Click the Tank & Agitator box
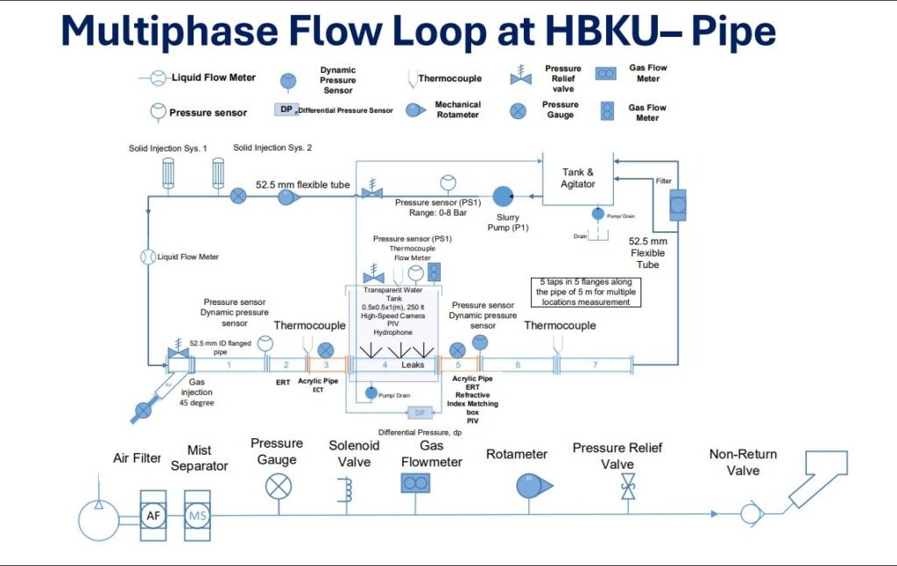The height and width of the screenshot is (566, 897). pyautogui.click(x=577, y=179)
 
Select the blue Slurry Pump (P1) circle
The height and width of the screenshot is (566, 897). pyautogui.click(x=502, y=195)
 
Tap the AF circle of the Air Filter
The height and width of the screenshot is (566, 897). pyautogui.click(x=153, y=515)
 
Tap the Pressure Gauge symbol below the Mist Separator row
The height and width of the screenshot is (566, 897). pyautogui.click(x=279, y=485)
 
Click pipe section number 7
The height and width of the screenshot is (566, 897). pyautogui.click(x=596, y=363)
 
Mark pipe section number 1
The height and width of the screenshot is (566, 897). pyautogui.click(x=229, y=363)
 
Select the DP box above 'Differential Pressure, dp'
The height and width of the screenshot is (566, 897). pyautogui.click(x=419, y=413)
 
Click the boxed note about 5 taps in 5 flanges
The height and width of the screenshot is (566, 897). pyautogui.click(x=586, y=291)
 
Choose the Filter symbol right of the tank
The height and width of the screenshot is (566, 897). pyautogui.click(x=677, y=205)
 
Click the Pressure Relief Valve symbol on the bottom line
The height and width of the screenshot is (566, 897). pyautogui.click(x=628, y=486)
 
